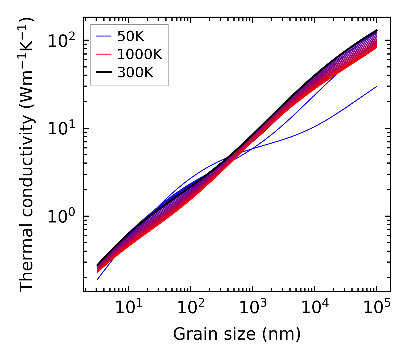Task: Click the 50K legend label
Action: pyautogui.click(x=131, y=36)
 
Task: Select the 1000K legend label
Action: pyautogui.click(x=140, y=55)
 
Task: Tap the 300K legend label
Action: pyautogui.click(x=135, y=73)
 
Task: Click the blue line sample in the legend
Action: pyautogui.click(x=103, y=36)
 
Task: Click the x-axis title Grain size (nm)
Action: pyautogui.click(x=237, y=334)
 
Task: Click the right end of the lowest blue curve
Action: pyautogui.click(x=377, y=86)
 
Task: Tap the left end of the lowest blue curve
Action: pyautogui.click(x=98, y=279)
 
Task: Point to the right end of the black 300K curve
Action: pyautogui.click(x=377, y=30)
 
